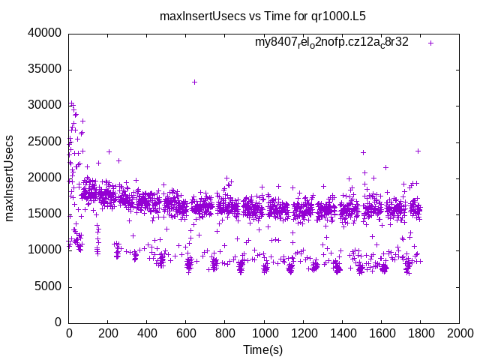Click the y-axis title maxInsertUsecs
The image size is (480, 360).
10,178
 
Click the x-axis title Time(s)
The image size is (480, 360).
263,349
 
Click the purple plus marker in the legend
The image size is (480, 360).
430,43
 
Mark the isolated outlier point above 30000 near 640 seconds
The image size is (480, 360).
194,82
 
